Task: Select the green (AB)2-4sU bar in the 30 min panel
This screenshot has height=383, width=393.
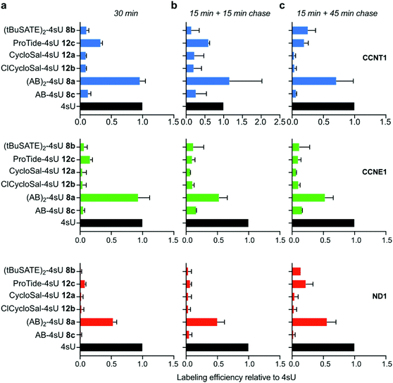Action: click(108, 198)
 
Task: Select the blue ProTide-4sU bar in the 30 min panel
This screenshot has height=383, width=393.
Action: click(90, 43)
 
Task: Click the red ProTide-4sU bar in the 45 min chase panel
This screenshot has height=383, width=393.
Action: click(299, 284)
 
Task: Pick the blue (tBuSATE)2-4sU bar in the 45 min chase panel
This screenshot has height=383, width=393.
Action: click(300, 30)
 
